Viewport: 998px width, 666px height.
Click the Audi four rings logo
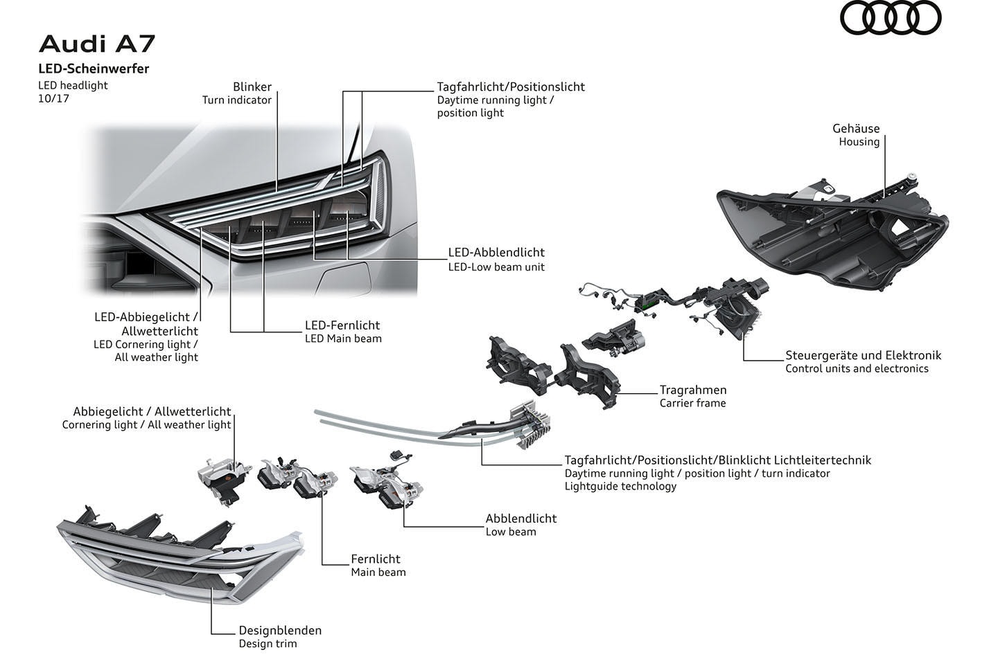891,18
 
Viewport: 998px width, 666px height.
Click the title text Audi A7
97,44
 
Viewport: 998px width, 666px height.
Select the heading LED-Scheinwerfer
94,69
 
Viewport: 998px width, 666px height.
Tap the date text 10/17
53,98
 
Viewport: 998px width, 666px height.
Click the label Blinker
252,87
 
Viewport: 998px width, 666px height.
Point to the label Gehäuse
856,129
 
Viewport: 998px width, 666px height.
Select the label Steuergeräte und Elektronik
863,355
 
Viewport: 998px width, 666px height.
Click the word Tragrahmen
693,390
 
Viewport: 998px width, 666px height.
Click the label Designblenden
280,631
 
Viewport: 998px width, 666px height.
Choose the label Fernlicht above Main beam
376,559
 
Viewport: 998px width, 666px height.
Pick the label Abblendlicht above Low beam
521,519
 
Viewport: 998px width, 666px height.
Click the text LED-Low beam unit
496,267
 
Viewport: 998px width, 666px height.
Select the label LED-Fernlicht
342,325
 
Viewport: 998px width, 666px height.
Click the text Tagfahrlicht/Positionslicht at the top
511,87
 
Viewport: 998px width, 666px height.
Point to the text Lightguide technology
620,486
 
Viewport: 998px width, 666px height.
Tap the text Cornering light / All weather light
146,424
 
